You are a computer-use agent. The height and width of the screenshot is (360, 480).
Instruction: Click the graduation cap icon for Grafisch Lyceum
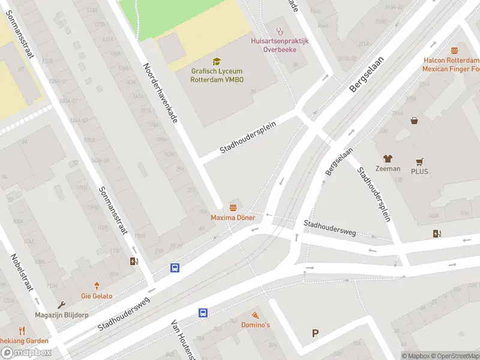tap(217, 61)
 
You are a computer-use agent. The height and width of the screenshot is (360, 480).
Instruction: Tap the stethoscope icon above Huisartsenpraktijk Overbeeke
tap(279, 31)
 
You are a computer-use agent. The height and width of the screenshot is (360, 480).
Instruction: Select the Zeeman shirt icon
tap(388, 158)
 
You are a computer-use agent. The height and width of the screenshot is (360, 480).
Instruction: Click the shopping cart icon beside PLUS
tap(419, 162)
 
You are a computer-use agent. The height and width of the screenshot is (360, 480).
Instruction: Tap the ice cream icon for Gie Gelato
tap(97, 286)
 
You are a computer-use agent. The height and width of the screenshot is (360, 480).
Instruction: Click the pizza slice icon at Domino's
tap(256, 315)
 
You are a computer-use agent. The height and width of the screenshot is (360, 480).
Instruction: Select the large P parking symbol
tap(315, 334)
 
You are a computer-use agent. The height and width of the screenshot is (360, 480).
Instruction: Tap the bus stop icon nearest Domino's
tap(203, 313)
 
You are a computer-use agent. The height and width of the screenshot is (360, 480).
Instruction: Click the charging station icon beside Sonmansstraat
tap(134, 261)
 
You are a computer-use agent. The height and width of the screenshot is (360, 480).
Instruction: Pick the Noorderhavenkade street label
tap(160, 92)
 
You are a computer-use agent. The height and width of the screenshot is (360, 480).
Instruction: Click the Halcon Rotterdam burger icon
tap(454, 51)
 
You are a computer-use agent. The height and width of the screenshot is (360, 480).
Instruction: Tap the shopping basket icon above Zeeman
tap(414, 121)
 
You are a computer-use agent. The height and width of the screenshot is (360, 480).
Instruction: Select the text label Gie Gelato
tap(97, 296)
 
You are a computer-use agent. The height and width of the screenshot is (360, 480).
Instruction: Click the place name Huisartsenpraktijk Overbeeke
tap(280, 45)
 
